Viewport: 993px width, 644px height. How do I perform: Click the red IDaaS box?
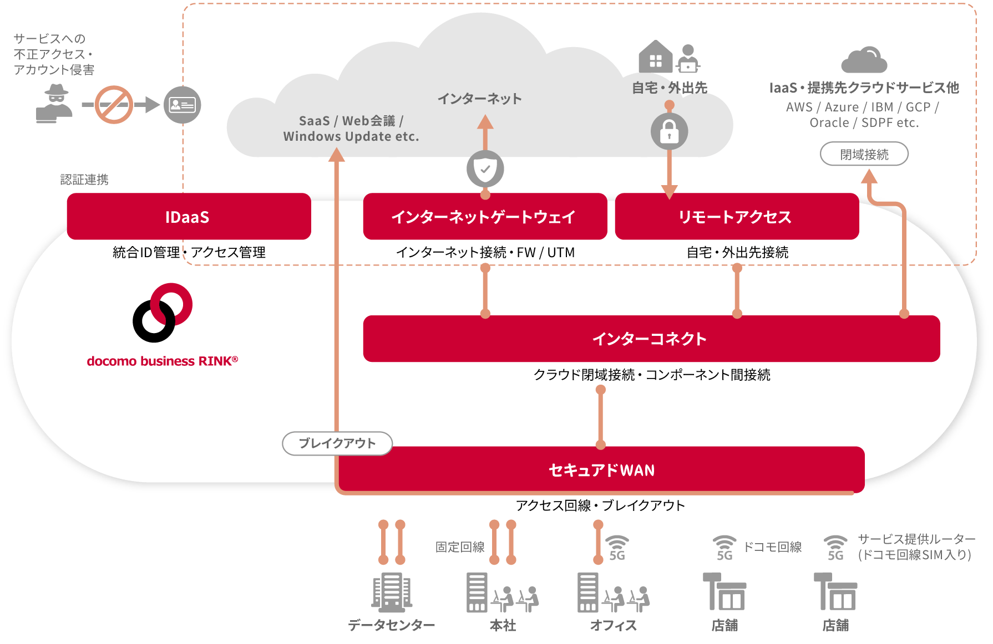(x=189, y=217)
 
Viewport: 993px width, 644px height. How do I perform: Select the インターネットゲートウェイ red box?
(x=485, y=217)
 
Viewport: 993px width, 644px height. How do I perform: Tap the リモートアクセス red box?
(x=737, y=217)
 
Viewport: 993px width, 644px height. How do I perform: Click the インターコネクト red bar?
(x=651, y=339)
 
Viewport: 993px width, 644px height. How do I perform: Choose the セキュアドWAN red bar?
(x=601, y=470)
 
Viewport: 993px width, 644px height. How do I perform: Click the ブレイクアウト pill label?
(x=337, y=443)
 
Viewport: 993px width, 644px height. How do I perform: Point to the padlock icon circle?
(x=669, y=131)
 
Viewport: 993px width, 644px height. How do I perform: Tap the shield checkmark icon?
(x=485, y=168)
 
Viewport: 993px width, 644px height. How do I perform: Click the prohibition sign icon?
(x=114, y=105)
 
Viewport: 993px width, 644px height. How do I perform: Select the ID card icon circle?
(x=183, y=105)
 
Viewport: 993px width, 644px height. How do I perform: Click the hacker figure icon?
(x=55, y=104)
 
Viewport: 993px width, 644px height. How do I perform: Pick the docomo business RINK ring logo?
(x=162, y=313)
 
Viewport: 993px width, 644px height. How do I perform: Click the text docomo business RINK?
(x=162, y=361)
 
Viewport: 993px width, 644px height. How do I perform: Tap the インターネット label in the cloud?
(x=480, y=99)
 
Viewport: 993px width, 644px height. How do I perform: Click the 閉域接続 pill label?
(x=864, y=154)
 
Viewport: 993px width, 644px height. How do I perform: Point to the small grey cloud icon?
(x=864, y=60)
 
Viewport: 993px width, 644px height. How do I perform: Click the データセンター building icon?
(x=392, y=592)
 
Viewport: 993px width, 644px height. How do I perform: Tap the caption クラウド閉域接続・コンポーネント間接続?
(x=652, y=375)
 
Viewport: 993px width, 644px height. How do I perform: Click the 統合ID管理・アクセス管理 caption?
(x=189, y=253)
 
